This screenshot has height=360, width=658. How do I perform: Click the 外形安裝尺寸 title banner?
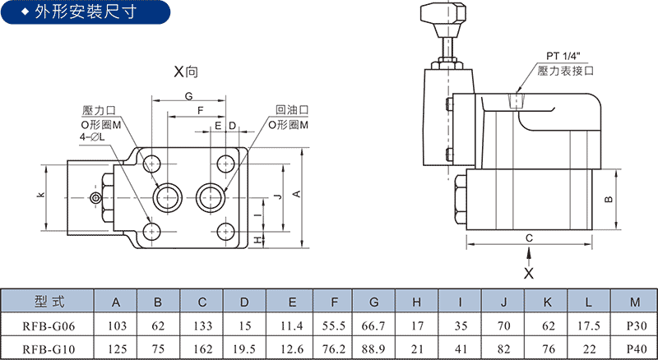(x=86, y=12)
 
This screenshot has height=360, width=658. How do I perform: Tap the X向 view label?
(x=186, y=72)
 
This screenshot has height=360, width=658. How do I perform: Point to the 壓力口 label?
(x=99, y=111)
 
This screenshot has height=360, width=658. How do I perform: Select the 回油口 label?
(x=292, y=110)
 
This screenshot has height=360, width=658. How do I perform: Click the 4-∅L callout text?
(x=92, y=136)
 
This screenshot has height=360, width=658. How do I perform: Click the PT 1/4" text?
(x=562, y=56)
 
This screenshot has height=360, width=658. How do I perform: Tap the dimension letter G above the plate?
(x=189, y=96)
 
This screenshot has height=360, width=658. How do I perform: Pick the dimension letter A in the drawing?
(x=296, y=194)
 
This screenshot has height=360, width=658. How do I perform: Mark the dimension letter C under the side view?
(x=529, y=238)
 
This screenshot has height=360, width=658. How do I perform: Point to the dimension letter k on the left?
(x=40, y=195)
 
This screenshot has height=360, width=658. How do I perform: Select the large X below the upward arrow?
(x=529, y=274)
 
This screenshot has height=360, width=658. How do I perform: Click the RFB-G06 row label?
(x=49, y=326)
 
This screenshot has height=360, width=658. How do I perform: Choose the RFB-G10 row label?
(x=49, y=349)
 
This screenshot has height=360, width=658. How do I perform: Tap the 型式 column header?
(x=49, y=302)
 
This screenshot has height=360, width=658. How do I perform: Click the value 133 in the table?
(x=202, y=326)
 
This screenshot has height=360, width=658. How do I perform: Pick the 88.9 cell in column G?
(x=373, y=349)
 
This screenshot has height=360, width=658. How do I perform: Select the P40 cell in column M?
(x=636, y=349)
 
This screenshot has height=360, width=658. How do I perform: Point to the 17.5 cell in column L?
(x=588, y=326)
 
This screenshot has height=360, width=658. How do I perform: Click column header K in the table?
(x=547, y=302)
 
